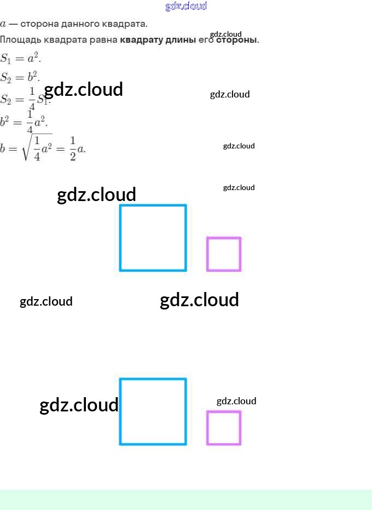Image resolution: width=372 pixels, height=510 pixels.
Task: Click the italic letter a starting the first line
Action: [3, 24]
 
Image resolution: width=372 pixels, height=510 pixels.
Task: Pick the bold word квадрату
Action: [141, 40]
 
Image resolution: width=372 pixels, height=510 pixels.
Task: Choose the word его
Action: [202, 40]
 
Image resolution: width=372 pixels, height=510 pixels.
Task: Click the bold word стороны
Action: [236, 40]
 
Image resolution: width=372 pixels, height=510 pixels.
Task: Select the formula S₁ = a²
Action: [20, 58]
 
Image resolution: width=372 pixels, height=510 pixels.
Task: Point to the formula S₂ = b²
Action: [20, 77]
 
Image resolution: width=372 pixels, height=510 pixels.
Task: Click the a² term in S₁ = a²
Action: [33, 58]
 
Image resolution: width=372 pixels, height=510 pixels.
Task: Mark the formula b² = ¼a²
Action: [24, 121]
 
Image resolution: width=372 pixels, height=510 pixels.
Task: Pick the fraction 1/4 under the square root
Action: [37, 148]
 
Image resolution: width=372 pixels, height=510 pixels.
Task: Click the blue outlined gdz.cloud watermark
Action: [186, 6]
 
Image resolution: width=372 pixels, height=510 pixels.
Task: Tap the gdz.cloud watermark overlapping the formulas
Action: [83, 90]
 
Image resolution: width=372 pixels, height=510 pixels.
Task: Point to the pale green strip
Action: [186, 500]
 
